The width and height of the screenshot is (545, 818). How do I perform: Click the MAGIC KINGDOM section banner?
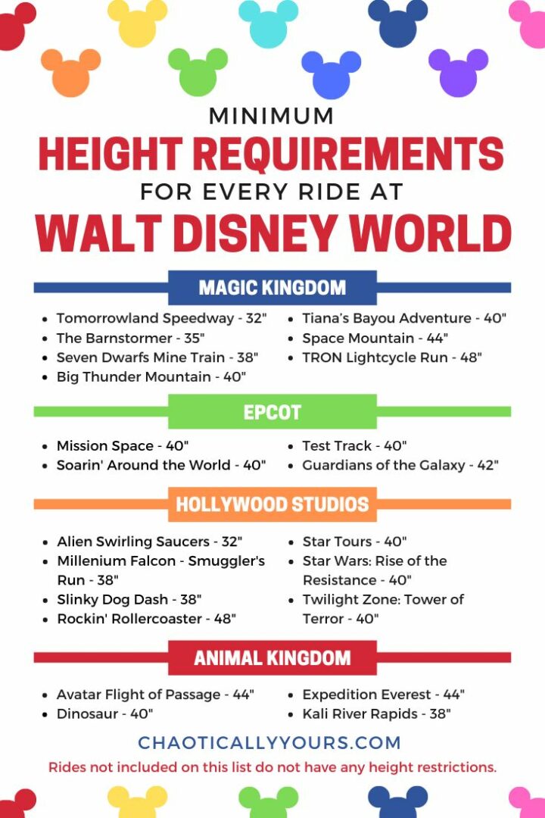point(272,288)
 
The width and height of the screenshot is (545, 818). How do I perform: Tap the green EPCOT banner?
point(272,412)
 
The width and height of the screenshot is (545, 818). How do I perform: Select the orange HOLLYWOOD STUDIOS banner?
point(272,504)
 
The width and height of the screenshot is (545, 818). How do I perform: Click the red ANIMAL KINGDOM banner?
point(272,657)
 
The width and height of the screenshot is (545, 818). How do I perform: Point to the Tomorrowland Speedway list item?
point(161,319)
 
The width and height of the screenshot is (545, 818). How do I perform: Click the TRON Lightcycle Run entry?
point(391,357)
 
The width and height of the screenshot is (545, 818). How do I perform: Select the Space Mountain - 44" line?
point(375,338)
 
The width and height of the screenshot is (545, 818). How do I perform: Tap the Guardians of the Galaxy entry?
point(400,465)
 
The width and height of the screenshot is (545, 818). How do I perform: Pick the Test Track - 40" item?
point(355,446)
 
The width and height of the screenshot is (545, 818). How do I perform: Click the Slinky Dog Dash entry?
point(129,599)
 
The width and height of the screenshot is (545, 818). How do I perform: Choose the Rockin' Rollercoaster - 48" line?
point(146,619)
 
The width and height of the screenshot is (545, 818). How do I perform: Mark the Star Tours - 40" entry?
point(354,542)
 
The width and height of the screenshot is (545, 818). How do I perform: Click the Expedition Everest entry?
point(383,695)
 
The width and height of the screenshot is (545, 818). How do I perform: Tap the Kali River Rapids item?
point(376,713)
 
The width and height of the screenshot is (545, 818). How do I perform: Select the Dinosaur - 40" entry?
point(104,713)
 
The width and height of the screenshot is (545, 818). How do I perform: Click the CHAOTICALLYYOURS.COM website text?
point(269,743)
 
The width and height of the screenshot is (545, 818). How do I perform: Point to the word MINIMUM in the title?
point(271,117)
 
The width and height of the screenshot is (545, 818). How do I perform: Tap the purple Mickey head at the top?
point(458,72)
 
